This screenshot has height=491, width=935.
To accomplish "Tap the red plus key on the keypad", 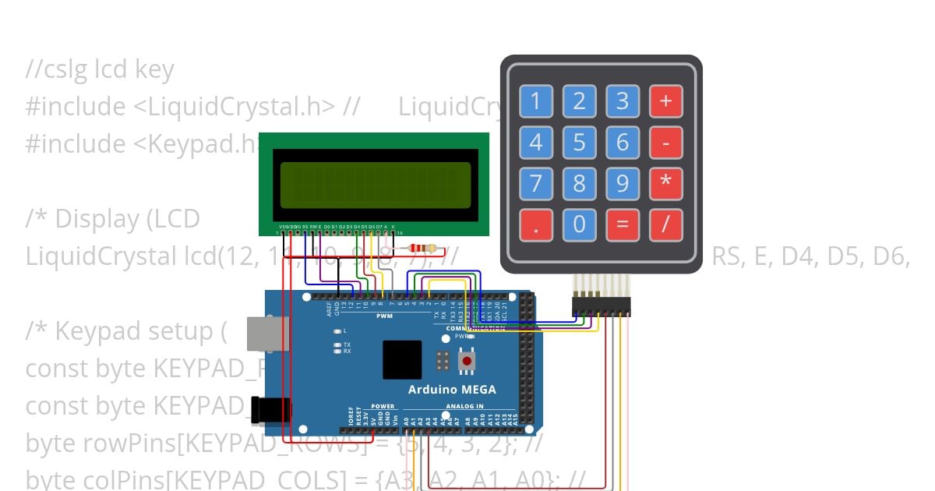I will point(665,101).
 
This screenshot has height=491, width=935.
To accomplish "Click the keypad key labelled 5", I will point(579,143).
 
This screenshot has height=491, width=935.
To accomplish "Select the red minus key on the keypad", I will point(665,143).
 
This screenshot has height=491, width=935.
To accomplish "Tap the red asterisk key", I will point(665,184).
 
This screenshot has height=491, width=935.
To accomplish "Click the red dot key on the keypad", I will point(536,224).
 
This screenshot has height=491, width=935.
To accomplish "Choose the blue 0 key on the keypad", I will point(579,224).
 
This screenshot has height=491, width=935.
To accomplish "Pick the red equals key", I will point(622,224).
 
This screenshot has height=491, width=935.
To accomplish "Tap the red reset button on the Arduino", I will point(467,361).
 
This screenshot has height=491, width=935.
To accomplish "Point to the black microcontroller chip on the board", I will point(402,359).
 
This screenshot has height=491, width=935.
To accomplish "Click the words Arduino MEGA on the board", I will point(452,390).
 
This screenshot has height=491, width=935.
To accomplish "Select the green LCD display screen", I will point(375,185).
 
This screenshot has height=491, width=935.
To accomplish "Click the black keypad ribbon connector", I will point(601,306).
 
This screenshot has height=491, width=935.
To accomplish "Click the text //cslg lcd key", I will point(99,70).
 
